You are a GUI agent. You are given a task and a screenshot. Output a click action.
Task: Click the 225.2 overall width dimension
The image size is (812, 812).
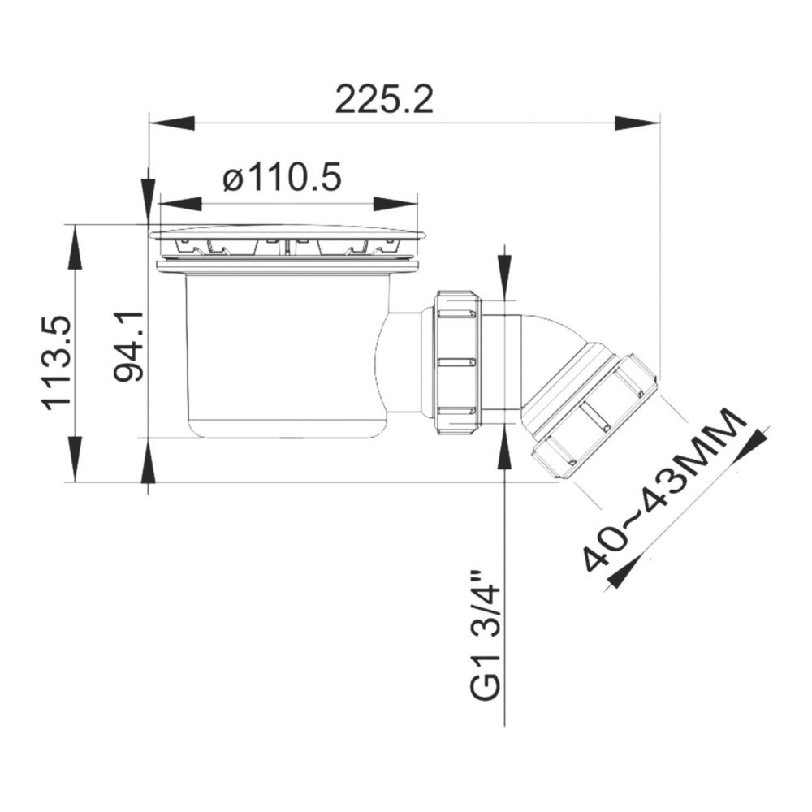click(x=384, y=99)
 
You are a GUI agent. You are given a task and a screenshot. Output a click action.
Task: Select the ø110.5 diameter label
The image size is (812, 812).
click(x=283, y=177)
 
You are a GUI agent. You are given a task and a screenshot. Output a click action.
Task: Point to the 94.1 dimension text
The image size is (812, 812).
click(x=128, y=347)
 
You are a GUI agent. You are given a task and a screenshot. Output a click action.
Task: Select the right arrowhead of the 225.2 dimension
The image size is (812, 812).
click(x=637, y=123)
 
